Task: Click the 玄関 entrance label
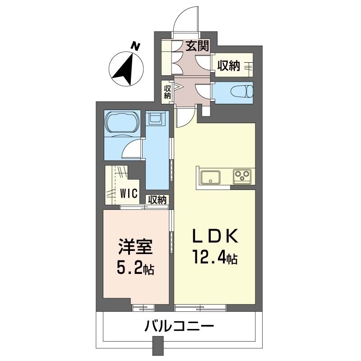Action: coord(197,46)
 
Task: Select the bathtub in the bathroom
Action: coord(122,123)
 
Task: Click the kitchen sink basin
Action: coord(210,177)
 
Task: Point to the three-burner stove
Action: coord(242,176)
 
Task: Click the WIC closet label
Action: coord(129,194)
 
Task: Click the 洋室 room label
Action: coord(135,246)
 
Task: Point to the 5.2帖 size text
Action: coord(135,268)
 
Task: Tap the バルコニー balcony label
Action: coord(179,326)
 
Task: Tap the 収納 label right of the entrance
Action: coord(229,66)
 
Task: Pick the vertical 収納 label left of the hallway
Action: coord(167,92)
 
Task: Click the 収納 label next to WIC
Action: coord(157,200)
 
